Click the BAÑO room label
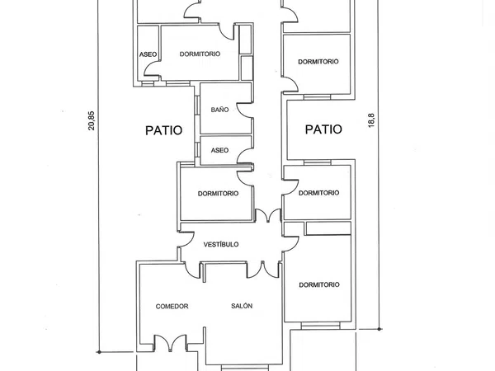point(219,110)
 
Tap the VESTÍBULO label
point(221,244)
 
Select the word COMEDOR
point(172,306)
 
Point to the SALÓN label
point(242,306)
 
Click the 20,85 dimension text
point(92,120)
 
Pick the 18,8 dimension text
point(371,120)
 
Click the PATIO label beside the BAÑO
point(164,130)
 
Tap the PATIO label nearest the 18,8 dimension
point(323,129)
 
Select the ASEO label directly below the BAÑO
point(219,150)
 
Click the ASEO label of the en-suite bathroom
point(148,54)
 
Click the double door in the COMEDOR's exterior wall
point(171,343)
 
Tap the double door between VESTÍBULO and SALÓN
point(262,270)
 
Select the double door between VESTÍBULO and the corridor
point(268,215)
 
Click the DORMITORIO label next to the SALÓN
point(319,284)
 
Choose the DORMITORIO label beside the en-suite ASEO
point(200,54)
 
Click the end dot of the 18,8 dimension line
point(379,329)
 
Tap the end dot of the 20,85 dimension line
point(99,352)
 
